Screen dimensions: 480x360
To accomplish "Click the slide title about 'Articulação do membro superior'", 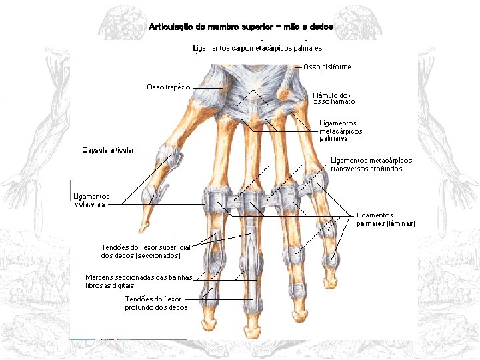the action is click(241, 27).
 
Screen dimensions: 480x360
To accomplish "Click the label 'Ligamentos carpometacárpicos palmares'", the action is click(257, 48).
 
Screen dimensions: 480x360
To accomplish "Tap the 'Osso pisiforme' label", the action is click(327, 67).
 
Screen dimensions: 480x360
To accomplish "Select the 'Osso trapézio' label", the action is click(169, 87).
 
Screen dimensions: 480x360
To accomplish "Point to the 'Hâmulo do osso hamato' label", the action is click(333, 99).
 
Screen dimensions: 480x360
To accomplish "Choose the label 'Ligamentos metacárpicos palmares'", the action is click(341, 131).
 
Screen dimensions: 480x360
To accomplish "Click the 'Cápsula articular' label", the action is click(108, 150).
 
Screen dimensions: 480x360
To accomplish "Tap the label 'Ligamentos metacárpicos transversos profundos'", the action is click(371, 165).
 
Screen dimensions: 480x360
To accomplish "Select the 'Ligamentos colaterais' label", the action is click(91, 200).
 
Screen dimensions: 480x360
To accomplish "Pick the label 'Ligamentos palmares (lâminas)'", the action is click(385, 219).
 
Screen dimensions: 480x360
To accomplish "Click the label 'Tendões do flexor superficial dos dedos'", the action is click(141, 251).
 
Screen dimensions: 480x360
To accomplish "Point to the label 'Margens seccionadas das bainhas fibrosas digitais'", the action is click(139, 281).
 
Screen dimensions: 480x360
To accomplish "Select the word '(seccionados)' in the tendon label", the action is click(158, 255).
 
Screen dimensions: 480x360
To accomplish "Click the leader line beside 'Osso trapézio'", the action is click(209, 87).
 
